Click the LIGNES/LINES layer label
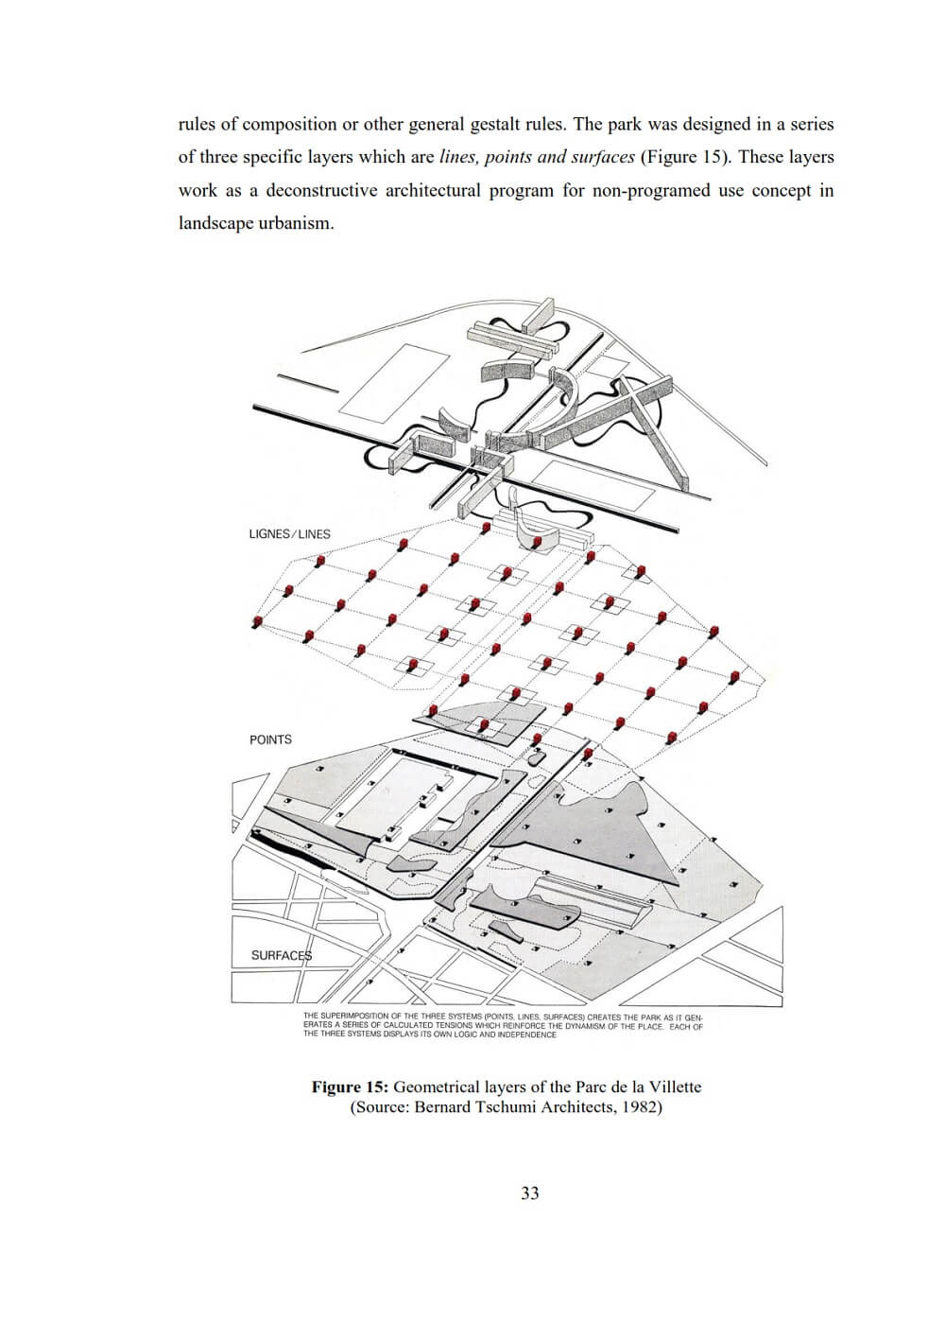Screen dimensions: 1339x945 [289, 534]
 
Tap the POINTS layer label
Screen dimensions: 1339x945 [270, 739]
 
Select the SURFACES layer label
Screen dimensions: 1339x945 [281, 955]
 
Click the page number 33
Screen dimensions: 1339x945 [530, 1193]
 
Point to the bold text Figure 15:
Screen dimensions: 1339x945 [350, 1087]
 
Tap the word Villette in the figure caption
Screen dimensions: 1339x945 [673, 1087]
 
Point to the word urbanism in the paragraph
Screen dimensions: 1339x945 [296, 225]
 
